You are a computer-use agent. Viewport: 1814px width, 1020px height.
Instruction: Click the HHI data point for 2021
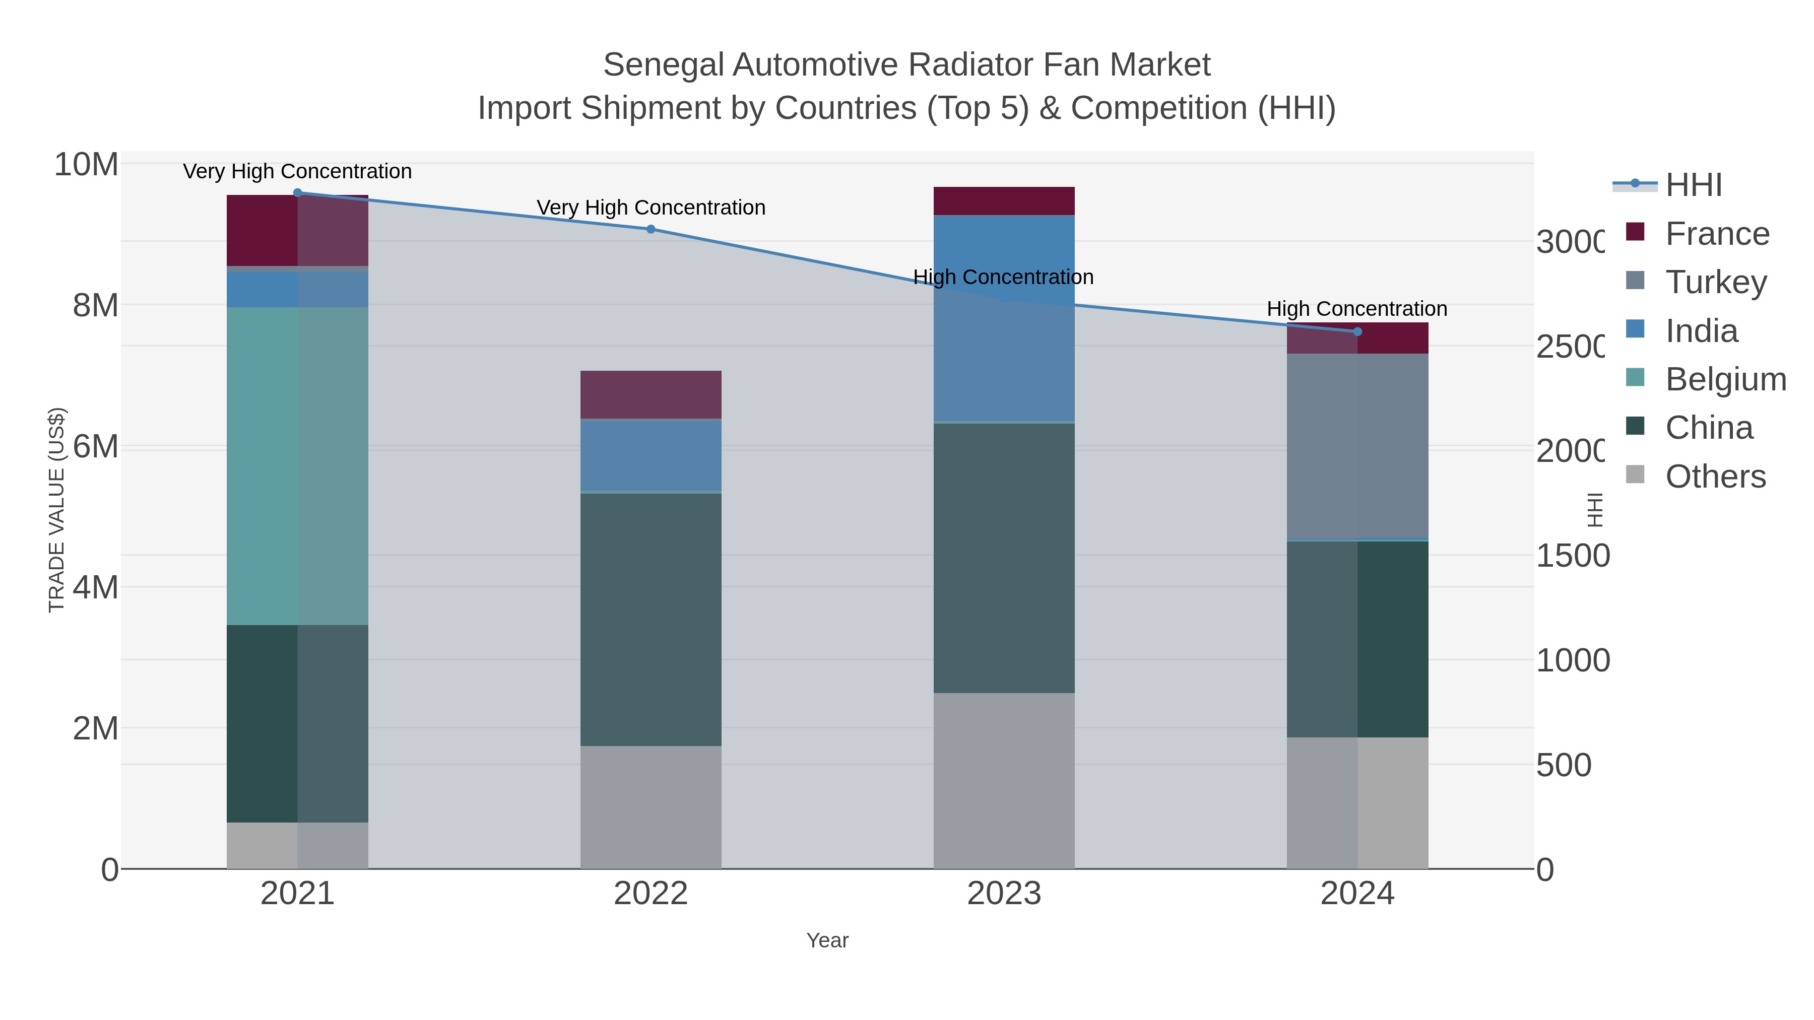click(297, 193)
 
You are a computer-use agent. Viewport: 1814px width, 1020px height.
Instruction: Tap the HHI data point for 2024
click(1357, 331)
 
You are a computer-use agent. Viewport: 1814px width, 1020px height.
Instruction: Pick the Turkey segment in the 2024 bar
click(1357, 446)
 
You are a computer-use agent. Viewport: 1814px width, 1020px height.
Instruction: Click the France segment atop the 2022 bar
click(651, 395)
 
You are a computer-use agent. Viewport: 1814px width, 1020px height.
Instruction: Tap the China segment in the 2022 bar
click(651, 620)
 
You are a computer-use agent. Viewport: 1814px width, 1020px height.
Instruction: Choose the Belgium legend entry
click(1725, 379)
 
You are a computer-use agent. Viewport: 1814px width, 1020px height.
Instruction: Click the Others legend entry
click(1715, 477)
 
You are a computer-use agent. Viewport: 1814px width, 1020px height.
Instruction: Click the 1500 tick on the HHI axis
click(1572, 556)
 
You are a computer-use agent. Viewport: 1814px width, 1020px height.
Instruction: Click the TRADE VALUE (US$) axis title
click(56, 510)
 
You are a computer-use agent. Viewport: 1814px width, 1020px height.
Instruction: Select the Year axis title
click(827, 940)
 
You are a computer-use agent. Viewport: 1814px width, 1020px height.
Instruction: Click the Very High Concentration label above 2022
click(651, 208)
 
